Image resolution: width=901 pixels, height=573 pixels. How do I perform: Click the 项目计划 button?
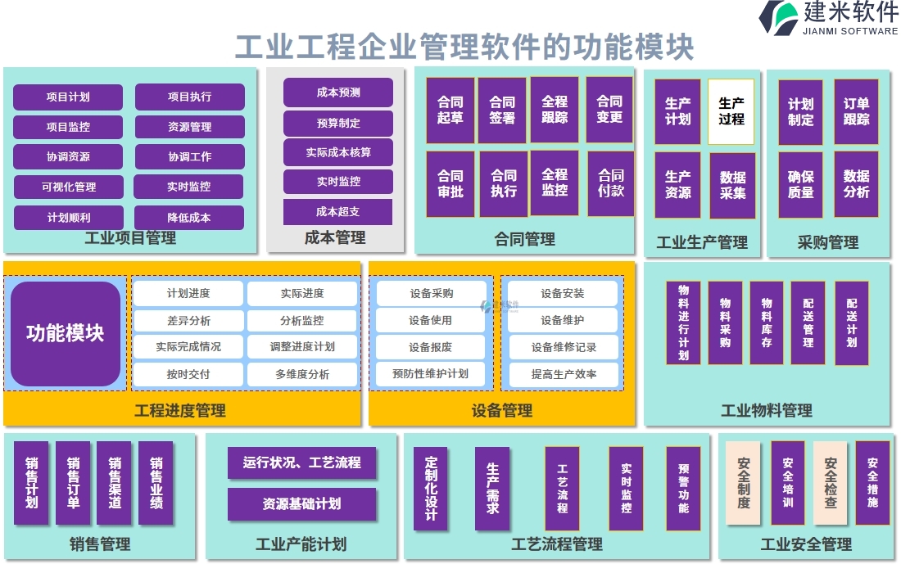[68, 97]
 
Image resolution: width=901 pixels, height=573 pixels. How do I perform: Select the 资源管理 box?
[189, 127]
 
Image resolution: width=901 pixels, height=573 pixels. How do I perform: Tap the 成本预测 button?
[337, 92]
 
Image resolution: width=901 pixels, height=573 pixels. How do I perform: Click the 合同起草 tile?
[450, 111]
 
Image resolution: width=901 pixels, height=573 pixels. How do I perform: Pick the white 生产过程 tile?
[731, 111]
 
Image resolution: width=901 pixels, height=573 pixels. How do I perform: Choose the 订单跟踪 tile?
[856, 111]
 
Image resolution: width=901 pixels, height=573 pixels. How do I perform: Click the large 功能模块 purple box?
[66, 334]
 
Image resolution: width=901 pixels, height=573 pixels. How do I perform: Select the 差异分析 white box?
[188, 321]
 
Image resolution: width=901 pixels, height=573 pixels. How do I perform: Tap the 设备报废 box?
[430, 347]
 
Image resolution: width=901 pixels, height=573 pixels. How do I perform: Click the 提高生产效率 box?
[563, 374]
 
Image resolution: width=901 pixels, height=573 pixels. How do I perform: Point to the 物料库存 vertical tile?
[766, 323]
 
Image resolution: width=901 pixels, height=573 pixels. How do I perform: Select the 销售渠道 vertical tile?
[114, 483]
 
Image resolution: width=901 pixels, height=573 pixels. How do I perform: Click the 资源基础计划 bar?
[301, 504]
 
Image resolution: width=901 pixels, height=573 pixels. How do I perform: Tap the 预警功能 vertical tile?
[683, 488]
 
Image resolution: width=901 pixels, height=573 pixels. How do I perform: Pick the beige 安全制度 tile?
[743, 483]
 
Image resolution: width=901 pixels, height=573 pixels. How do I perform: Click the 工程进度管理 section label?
[180, 410]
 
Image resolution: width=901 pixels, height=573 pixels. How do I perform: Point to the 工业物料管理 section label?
[766, 410]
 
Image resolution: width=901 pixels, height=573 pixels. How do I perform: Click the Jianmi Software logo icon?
[778, 18]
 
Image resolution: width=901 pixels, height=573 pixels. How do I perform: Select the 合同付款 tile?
[610, 183]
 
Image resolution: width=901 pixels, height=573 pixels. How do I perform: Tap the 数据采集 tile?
[732, 185]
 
